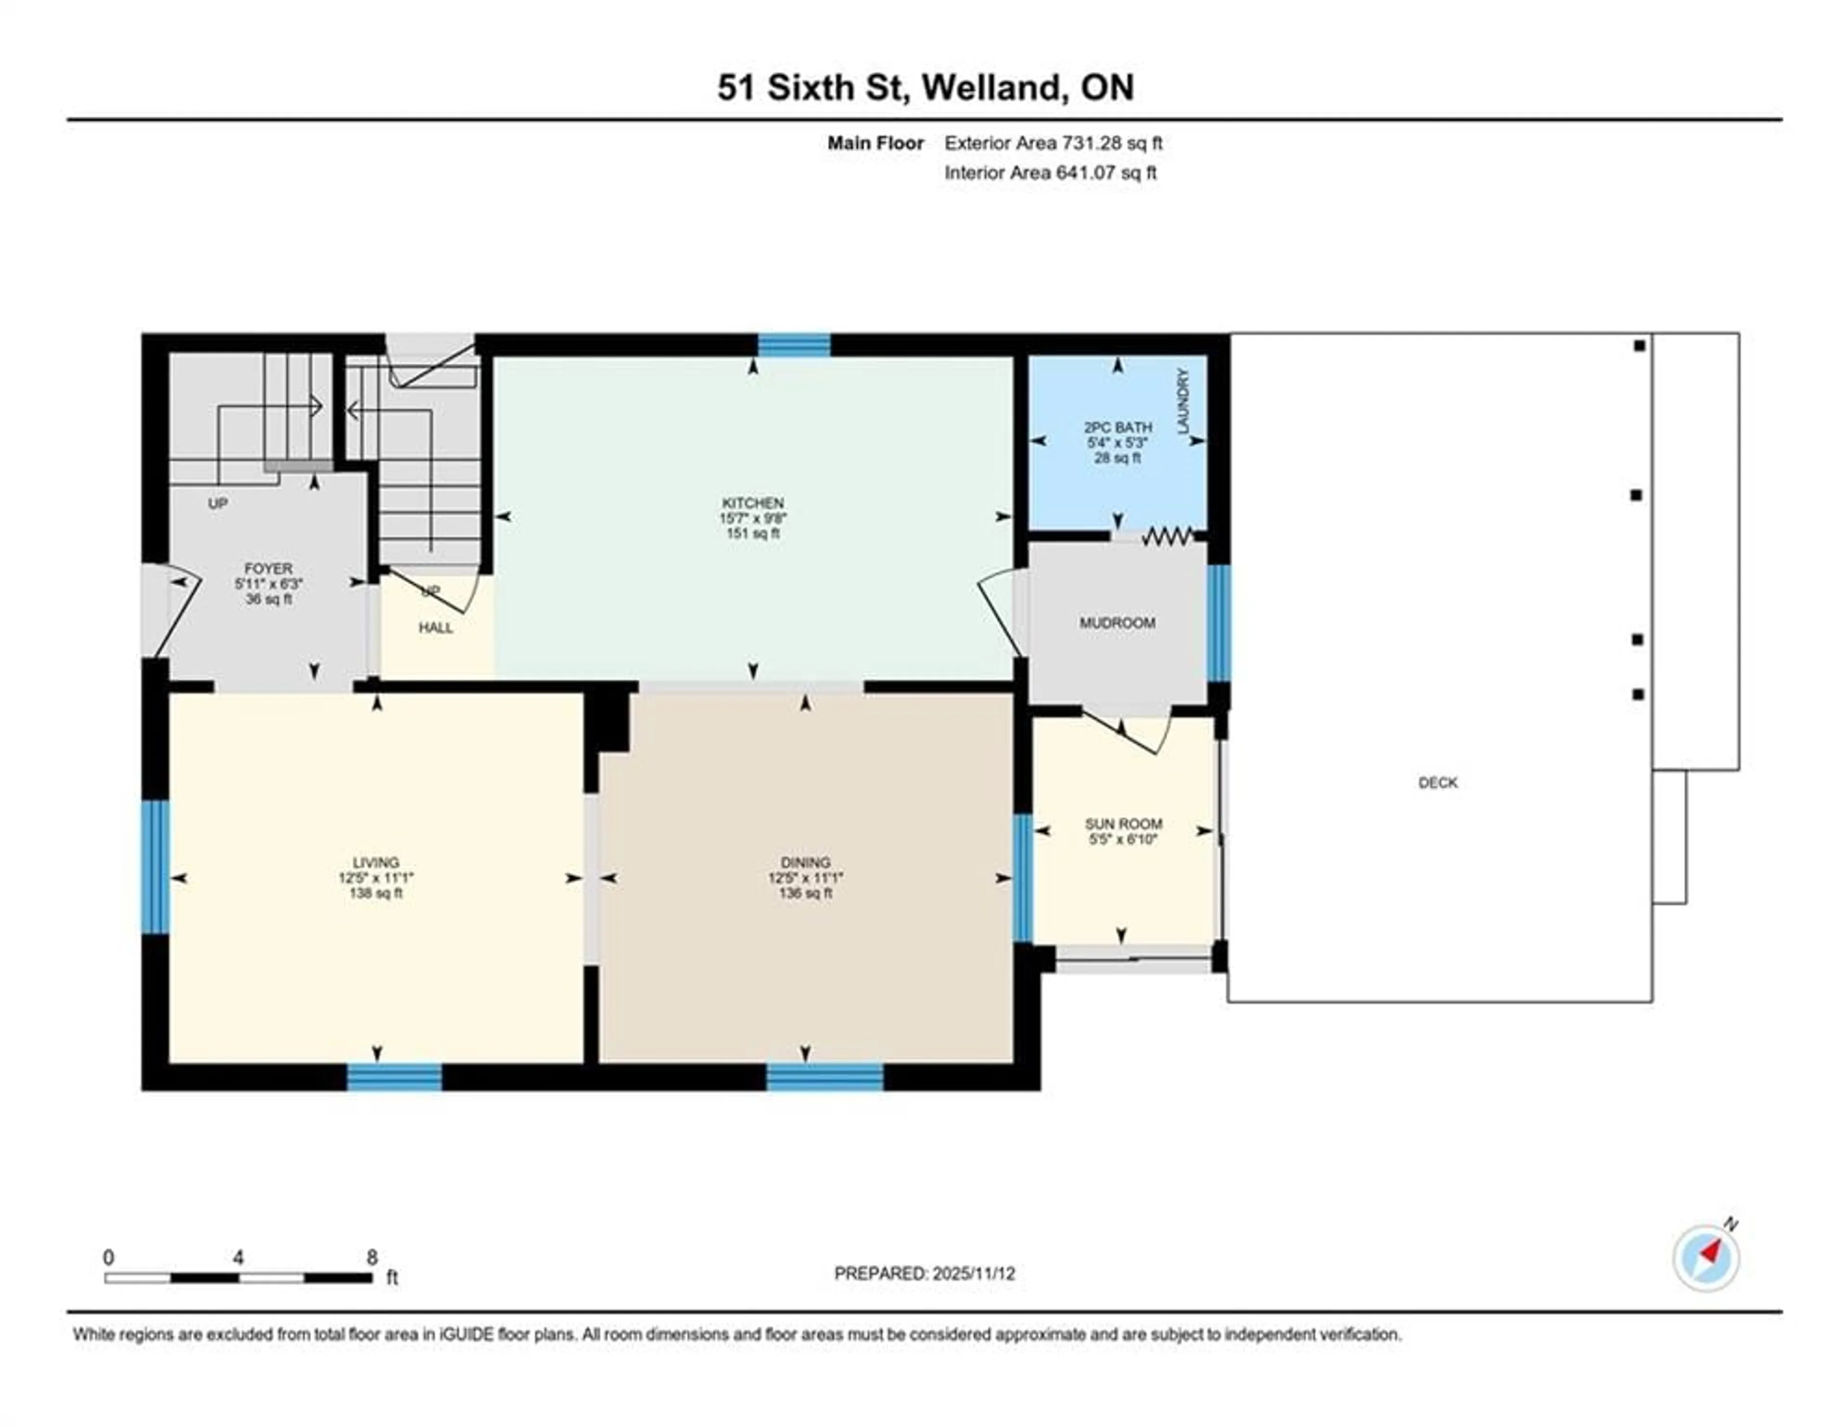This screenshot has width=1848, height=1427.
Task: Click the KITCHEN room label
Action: pos(752,503)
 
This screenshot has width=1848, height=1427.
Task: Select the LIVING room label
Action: pos(376,862)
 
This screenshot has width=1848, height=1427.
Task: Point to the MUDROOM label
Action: pos(1117,623)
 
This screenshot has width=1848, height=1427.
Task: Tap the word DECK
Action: pos(1437,783)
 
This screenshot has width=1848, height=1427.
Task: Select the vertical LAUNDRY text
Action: pos(1183,401)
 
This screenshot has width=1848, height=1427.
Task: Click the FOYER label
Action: pos(268,569)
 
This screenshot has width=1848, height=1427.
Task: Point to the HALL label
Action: pos(436,628)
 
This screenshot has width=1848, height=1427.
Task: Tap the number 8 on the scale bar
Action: pos(372,1258)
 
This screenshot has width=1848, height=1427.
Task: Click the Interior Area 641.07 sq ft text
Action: pos(1050,173)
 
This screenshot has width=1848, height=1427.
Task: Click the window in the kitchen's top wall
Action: pos(794,345)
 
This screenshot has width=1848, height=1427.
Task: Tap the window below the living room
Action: pos(394,1077)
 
